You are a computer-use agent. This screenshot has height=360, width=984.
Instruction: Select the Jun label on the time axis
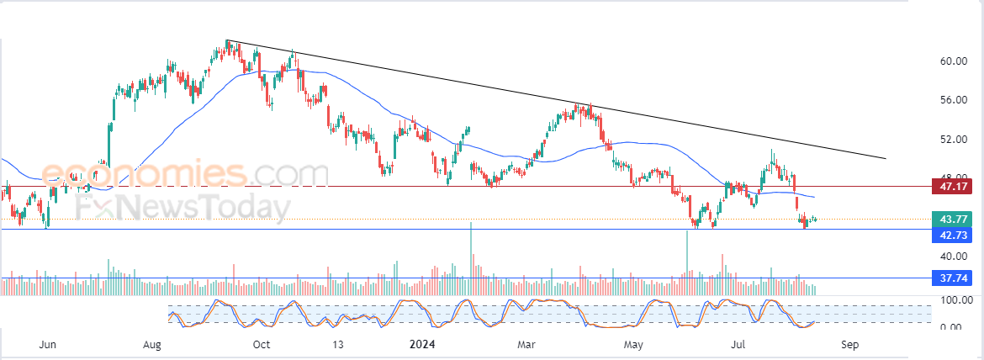(48, 345)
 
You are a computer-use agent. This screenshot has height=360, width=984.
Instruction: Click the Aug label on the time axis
(152, 345)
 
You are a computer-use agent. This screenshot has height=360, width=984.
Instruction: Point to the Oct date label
(262, 345)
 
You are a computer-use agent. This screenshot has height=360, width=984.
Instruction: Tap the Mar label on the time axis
(527, 345)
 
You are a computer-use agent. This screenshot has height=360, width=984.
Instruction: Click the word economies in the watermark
(143, 174)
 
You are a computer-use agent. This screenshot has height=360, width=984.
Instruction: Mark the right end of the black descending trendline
(886, 158)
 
